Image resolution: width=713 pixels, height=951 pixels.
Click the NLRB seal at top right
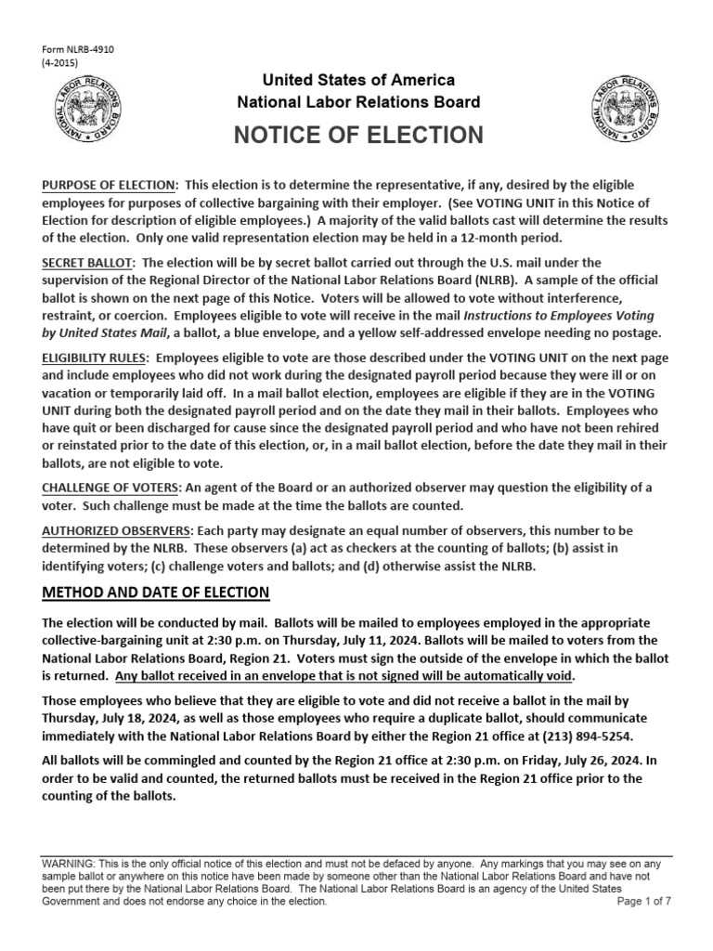629,108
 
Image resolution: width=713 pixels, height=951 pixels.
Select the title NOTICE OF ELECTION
358,135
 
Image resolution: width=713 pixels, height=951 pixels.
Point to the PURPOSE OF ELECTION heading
110,186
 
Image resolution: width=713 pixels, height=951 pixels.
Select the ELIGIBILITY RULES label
97,357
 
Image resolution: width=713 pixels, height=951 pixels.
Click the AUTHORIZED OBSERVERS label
116,530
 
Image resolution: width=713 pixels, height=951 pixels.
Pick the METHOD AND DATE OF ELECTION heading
156,593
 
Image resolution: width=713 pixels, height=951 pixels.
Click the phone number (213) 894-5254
590,735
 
